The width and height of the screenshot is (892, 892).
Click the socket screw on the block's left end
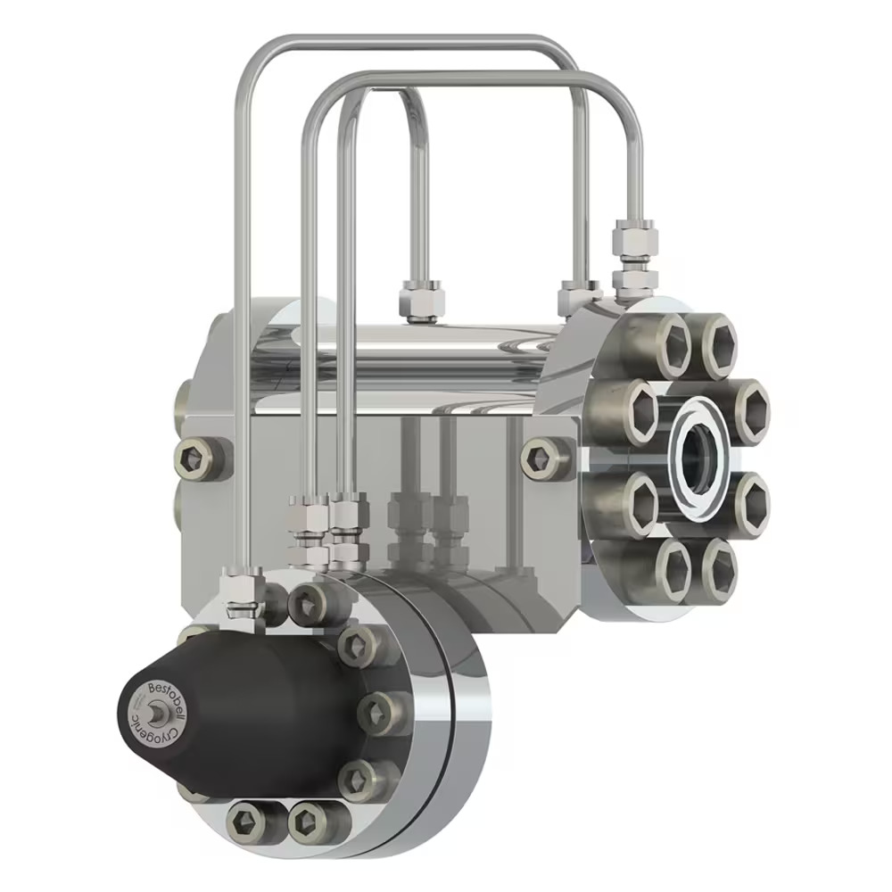[194, 459]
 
